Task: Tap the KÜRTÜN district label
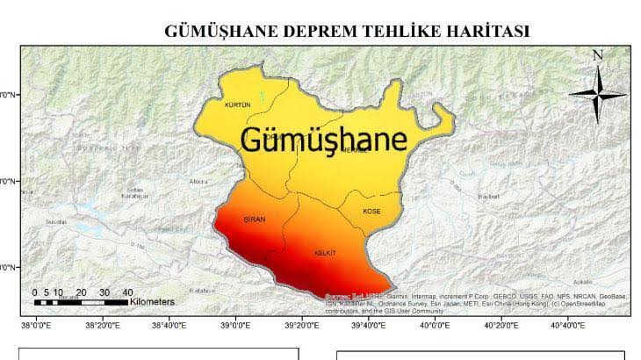[238, 104]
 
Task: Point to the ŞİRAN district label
[254, 219]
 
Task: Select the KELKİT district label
[325, 253]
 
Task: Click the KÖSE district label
[372, 212]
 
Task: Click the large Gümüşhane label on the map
[323, 140]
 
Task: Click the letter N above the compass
[598, 55]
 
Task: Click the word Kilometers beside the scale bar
[152, 302]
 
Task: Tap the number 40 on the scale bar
[127, 292]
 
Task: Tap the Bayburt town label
[487, 197]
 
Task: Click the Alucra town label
[198, 182]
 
